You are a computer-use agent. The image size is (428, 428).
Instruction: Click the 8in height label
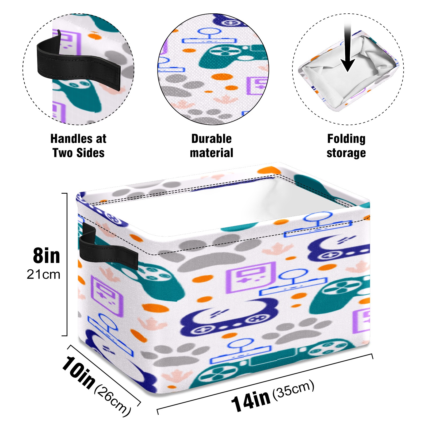tap(47, 256)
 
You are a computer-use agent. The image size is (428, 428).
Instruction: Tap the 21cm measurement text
tap(43, 274)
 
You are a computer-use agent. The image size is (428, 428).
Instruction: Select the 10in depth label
tap(78, 372)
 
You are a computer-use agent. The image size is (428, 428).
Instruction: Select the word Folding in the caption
tap(346, 139)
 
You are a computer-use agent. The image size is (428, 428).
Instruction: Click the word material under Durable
tap(211, 153)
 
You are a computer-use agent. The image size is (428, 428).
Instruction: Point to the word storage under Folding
tap(346, 153)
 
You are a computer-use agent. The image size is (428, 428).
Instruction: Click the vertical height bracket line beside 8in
tap(67, 264)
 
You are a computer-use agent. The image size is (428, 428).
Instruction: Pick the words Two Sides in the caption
tap(78, 153)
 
